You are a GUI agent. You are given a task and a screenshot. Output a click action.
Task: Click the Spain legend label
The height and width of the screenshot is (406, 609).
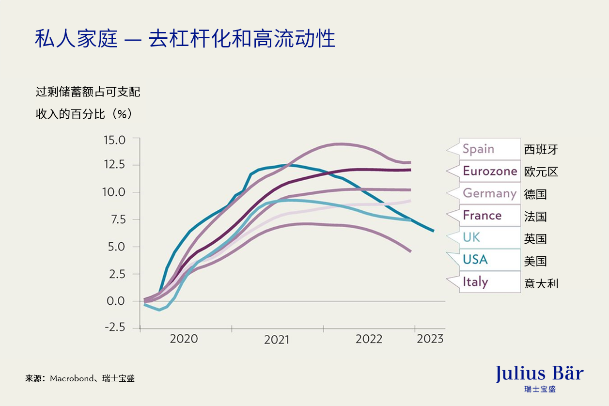pos(478,149)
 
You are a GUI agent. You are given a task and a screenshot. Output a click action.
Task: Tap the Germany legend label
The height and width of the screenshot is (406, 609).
pos(489,193)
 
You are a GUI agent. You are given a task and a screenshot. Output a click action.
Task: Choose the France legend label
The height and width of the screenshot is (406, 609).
pos(482,215)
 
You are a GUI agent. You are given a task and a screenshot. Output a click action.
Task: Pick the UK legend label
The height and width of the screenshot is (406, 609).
pos(471,237)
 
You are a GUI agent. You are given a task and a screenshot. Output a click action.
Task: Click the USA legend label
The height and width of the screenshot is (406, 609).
pos(475,260)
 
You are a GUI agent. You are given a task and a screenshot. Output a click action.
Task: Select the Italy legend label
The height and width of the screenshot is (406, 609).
pos(475,282)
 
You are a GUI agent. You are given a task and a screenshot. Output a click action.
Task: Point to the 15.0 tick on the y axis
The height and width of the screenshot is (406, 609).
pos(114,140)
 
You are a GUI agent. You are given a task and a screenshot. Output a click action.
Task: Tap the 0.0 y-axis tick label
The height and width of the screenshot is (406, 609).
pos(115,301)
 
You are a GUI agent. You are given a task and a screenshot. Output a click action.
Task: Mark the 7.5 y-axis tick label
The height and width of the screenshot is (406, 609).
pos(115,219)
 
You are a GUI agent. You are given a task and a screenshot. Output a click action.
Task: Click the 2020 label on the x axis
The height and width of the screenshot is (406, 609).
pos(184,339)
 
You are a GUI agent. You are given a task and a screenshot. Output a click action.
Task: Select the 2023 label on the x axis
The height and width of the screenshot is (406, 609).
pos(430,339)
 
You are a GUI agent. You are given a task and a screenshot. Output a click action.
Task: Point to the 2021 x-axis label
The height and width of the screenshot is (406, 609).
pos(277,340)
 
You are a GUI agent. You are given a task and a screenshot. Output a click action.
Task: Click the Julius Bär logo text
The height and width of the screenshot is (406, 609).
pos(539,374)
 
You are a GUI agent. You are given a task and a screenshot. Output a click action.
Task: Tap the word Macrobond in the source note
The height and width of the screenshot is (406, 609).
pos(71,378)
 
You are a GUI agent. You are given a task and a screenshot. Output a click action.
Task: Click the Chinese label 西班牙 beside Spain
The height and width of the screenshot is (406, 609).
pos(541,149)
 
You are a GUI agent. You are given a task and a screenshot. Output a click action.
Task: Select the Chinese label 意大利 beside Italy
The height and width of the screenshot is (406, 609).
pos(541,283)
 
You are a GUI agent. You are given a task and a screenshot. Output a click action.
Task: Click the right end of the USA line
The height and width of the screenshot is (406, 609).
pos(433,231)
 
